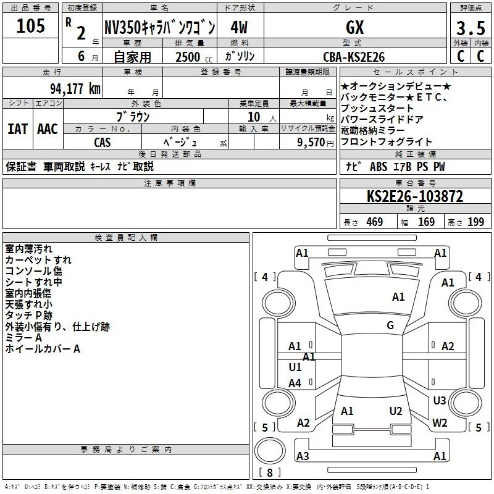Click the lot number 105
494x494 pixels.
(x=30, y=26)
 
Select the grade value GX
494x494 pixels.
(x=354, y=27)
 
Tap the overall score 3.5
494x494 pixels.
(x=471, y=28)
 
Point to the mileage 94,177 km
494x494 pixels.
(x=75, y=89)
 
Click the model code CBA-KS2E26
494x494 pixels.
(x=354, y=57)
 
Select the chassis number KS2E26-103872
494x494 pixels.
(x=415, y=196)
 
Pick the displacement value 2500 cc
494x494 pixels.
(x=194, y=57)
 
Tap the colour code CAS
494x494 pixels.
(x=103, y=143)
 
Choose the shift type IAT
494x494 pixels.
(x=18, y=129)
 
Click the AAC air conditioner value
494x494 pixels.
(x=48, y=129)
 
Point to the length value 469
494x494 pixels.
(x=375, y=222)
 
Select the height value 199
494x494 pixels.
(x=475, y=222)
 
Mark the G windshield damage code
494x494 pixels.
(x=390, y=325)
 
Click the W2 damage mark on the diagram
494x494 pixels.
(x=440, y=422)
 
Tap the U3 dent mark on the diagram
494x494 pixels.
(x=440, y=400)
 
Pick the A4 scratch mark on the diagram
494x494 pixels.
(x=295, y=383)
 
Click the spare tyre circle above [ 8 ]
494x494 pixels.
(x=270, y=451)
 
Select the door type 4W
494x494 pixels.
(x=239, y=27)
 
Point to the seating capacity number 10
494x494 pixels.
(x=254, y=117)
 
